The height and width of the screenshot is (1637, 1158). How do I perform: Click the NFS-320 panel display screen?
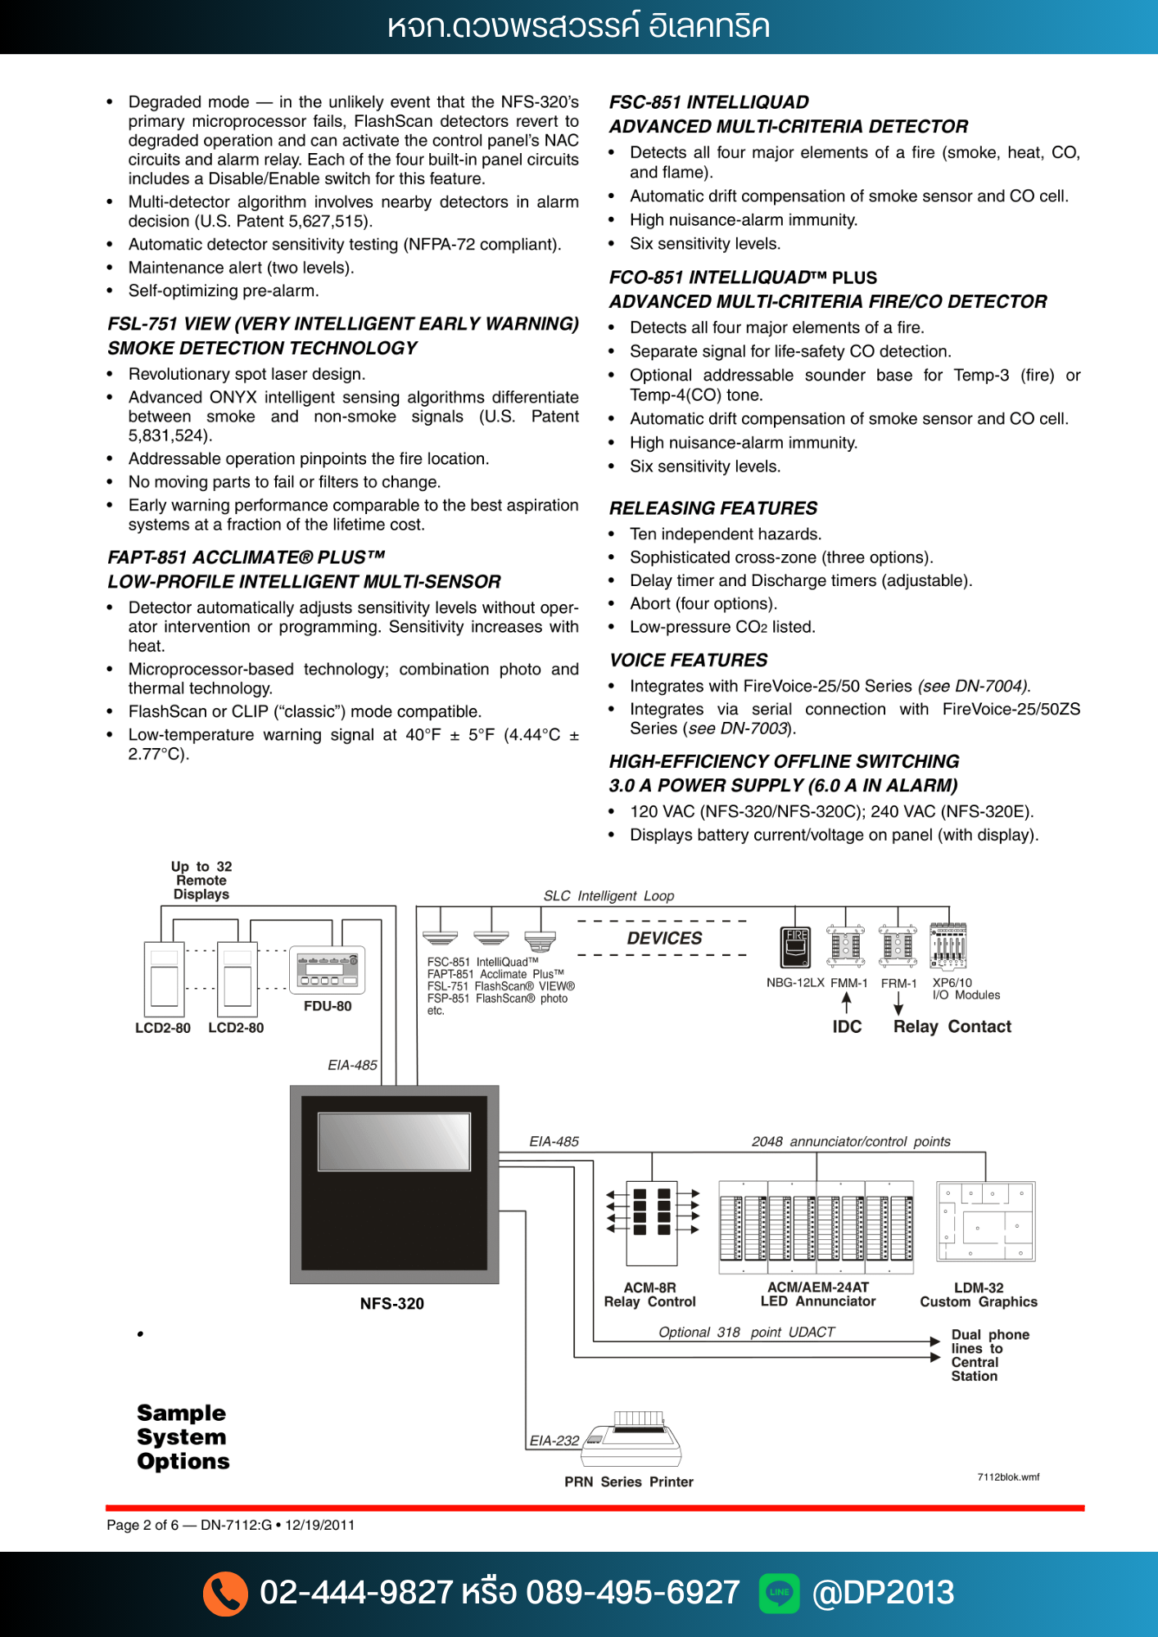(394, 1141)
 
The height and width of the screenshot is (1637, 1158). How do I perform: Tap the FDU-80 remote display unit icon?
(328, 971)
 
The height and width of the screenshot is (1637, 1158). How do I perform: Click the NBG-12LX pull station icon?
(795, 948)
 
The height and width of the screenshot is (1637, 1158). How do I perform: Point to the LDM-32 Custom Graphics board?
(985, 1222)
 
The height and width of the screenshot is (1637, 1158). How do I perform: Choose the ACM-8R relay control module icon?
(652, 1223)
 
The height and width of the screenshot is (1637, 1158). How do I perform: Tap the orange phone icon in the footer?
(225, 1593)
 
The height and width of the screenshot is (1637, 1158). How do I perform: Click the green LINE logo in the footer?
(779, 1593)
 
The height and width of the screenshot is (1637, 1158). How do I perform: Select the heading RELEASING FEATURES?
(713, 508)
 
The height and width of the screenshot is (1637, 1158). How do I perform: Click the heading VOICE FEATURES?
(688, 661)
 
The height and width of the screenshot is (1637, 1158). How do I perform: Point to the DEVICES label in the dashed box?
(664, 938)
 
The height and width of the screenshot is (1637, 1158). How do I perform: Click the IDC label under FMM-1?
(847, 1027)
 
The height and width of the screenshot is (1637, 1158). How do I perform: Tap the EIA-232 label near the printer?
(554, 1441)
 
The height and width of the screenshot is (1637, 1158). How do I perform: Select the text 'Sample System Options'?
(183, 1437)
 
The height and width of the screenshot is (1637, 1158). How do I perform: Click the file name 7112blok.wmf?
(1008, 1477)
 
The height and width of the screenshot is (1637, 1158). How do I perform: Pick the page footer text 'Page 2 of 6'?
(142, 1525)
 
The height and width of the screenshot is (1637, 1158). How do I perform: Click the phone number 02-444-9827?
(355, 1593)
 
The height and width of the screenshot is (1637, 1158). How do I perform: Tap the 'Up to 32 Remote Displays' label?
(201, 881)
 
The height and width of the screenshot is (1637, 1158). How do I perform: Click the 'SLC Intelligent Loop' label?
(608, 896)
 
